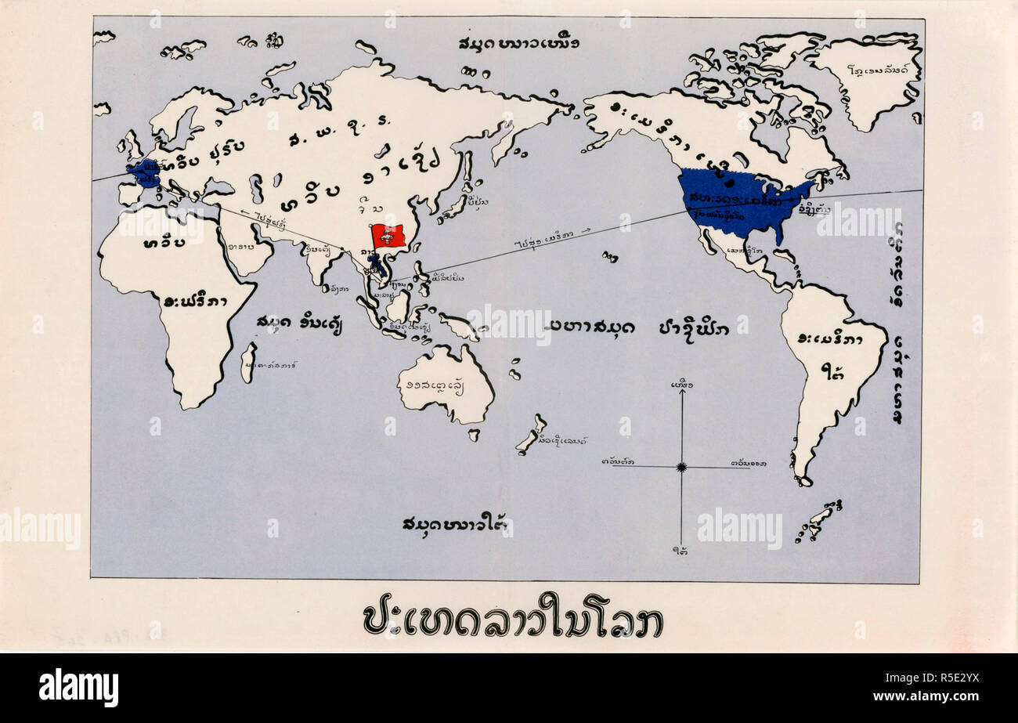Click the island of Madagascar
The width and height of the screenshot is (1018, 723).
click(248, 363)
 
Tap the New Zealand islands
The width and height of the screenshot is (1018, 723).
click(531, 435)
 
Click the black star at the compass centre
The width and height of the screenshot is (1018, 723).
click(681, 467)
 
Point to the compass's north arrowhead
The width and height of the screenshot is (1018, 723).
click(681, 392)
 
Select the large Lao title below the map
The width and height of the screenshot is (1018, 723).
click(513, 620)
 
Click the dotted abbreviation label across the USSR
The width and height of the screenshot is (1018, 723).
click(332, 139)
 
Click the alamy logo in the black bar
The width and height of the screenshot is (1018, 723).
click(79, 688)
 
